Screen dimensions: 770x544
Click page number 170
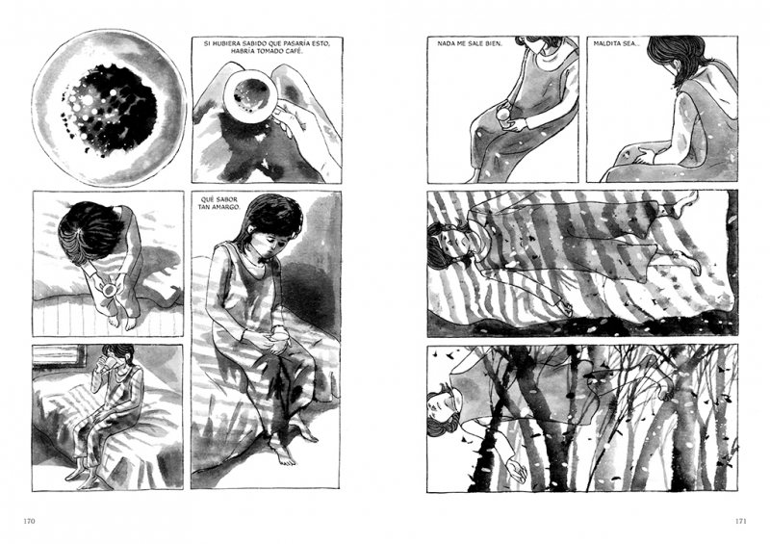tap(30, 521)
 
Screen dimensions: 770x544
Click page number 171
tap(740, 521)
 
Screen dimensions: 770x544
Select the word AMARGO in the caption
tap(225, 207)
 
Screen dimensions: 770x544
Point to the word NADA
tap(446, 43)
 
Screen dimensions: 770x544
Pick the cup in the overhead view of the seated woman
tap(108, 290)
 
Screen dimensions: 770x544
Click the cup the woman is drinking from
tap(112, 362)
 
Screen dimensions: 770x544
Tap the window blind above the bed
tap(56, 355)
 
